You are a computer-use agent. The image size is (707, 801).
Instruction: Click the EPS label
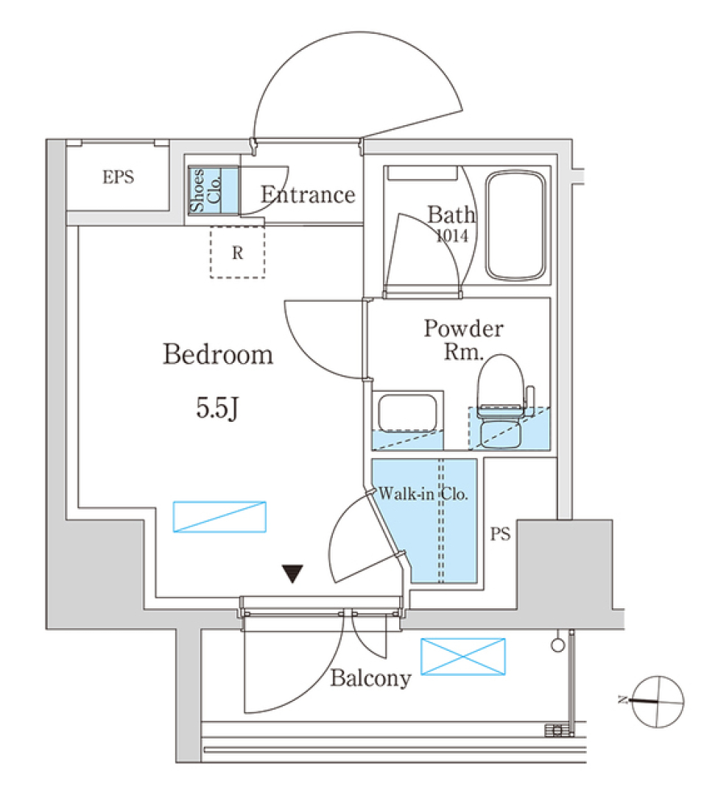coord(119,177)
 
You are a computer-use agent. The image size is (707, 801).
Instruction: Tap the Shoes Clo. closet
coord(213,191)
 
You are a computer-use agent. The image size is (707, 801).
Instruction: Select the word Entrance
coord(308,195)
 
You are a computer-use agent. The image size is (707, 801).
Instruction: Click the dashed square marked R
coord(237,253)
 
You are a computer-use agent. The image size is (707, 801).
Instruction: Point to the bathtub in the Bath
coord(517,227)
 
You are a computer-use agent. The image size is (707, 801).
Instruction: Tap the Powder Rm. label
coord(463,339)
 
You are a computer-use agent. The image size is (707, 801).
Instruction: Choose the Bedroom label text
coord(218,355)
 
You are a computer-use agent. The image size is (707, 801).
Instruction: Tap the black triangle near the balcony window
coord(294,574)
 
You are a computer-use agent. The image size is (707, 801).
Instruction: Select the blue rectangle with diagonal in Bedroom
coord(219,516)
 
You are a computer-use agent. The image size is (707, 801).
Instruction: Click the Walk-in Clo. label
coord(423,495)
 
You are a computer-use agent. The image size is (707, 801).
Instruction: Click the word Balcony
coord(370,678)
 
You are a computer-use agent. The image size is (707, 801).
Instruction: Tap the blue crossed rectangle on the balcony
coord(462,657)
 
